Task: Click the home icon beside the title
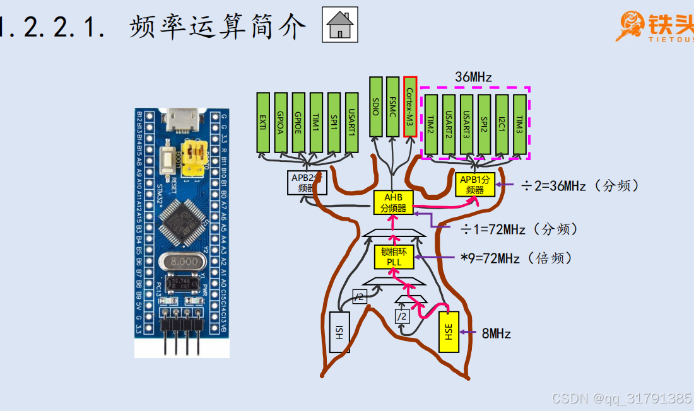[339, 25]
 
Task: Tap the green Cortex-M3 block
[410, 106]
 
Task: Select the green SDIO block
[376, 106]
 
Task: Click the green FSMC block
[393, 106]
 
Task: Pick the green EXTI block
[263, 122]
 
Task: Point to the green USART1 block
[351, 122]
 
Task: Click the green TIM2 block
[431, 124]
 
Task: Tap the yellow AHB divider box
[393, 202]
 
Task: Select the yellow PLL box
[394, 257]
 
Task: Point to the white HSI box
[339, 332]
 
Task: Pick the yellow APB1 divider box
[475, 183]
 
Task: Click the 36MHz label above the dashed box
[473, 77]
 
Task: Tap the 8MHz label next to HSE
[496, 333]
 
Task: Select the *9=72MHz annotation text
[517, 258]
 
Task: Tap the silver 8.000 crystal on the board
[184, 260]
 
